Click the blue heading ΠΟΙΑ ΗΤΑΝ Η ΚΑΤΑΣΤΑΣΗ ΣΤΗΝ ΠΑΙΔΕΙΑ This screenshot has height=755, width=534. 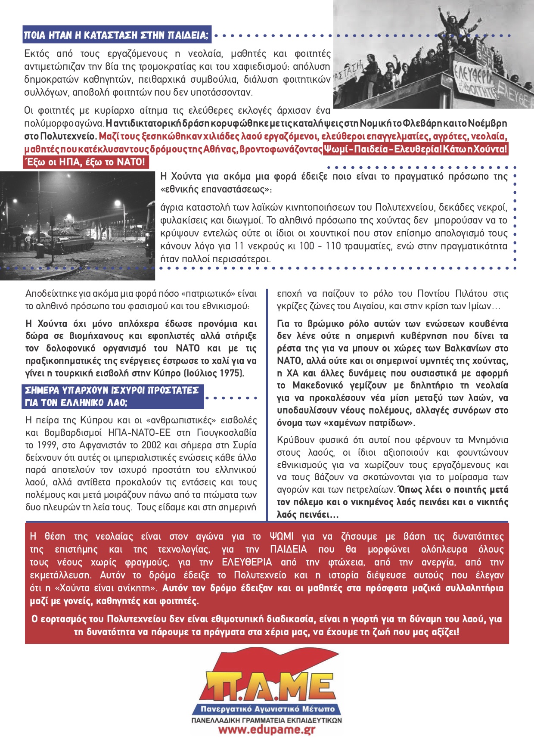coord(116,35)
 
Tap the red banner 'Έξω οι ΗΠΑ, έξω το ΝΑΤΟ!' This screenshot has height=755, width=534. coord(85,162)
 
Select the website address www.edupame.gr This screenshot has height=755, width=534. coord(267,730)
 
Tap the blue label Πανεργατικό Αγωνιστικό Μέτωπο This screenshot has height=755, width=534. coord(267,708)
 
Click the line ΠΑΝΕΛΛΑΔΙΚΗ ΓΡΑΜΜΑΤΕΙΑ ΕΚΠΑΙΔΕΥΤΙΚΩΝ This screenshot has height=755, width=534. coord(267,720)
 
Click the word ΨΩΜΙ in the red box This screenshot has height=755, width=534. coord(282,536)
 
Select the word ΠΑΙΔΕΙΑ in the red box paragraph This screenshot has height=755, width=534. coord(289,549)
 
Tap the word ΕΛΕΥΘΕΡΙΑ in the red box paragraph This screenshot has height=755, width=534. coord(247,562)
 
